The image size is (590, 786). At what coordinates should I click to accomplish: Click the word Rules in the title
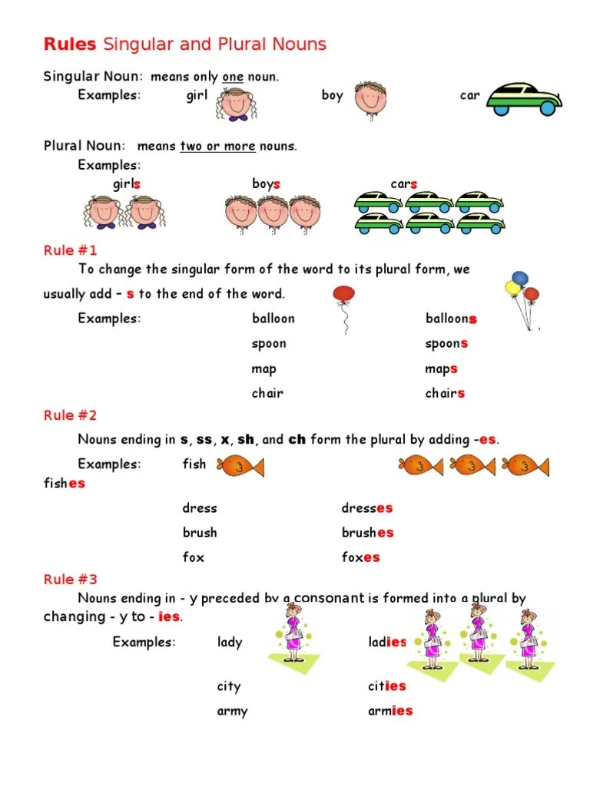point(70,45)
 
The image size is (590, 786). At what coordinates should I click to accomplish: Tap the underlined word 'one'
point(232,77)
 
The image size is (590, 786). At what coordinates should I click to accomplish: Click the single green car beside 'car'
point(525,98)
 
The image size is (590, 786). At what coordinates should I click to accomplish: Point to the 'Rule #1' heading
point(70,250)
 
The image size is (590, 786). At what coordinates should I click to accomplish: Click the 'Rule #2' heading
point(70,415)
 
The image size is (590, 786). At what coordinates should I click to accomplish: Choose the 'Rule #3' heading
point(70,580)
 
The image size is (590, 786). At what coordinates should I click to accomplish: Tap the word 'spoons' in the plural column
point(446,344)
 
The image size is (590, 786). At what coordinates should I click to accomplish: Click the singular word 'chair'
point(267,393)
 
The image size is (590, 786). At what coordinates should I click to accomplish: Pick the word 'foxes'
point(360,557)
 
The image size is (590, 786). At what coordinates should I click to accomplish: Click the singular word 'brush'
point(200,533)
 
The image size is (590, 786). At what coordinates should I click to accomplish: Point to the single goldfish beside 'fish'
point(240,465)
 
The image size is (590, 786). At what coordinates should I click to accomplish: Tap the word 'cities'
point(386,687)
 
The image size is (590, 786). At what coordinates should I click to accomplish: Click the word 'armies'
point(390,712)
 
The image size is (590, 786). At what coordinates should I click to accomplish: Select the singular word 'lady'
point(230,642)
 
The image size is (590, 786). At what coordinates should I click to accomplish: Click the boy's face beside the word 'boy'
point(370,98)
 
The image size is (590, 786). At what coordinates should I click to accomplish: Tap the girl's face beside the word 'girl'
point(233,103)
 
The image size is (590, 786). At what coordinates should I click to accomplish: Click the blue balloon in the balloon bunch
point(520,278)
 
